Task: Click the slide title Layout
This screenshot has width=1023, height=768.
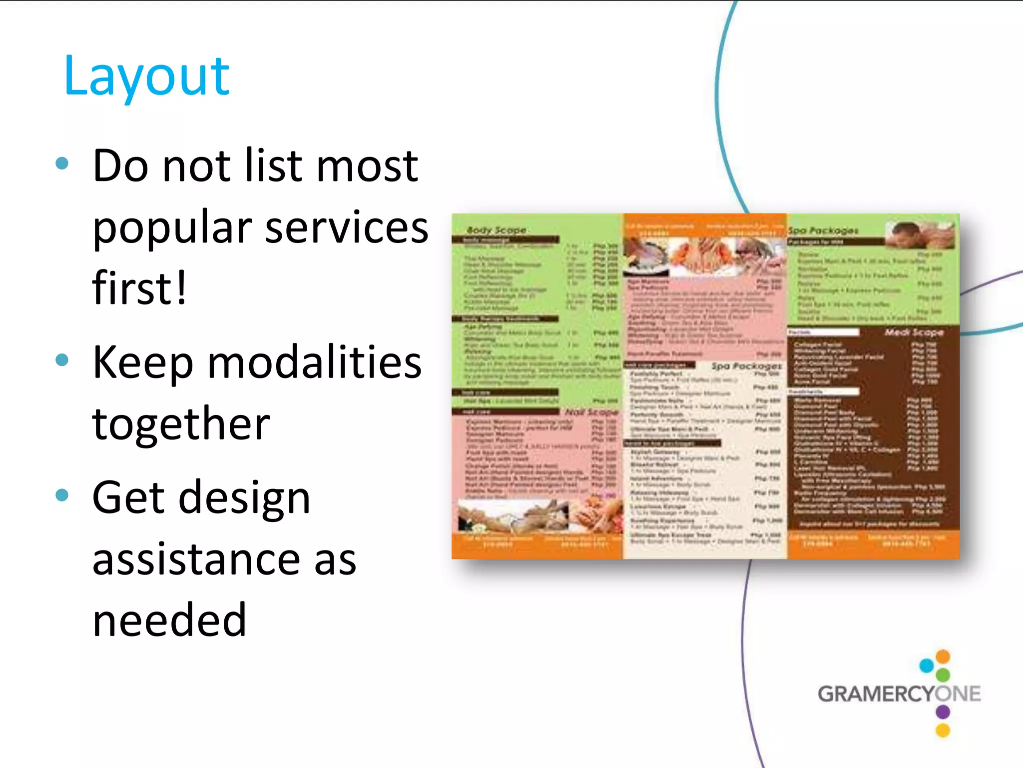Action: (146, 76)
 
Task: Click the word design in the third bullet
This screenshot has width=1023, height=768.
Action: (244, 497)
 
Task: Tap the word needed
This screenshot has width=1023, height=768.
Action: (169, 620)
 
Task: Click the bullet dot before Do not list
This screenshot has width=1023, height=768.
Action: (62, 163)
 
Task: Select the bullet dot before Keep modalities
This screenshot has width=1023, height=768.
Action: (62, 360)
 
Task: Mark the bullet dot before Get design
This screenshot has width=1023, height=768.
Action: (62, 495)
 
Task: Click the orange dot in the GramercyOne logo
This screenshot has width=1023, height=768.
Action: (943, 656)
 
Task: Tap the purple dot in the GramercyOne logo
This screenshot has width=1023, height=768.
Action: (943, 711)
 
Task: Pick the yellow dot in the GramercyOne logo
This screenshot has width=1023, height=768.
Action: (943, 730)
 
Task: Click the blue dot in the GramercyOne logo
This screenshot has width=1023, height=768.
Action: (927, 665)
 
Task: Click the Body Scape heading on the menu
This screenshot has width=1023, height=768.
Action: (496, 230)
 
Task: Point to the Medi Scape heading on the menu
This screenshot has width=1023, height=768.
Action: (914, 332)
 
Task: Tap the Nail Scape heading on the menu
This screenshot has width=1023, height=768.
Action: (591, 412)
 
